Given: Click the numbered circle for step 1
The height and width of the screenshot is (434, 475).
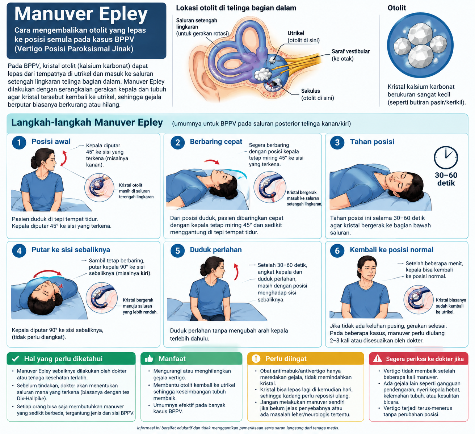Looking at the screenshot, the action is (19, 142).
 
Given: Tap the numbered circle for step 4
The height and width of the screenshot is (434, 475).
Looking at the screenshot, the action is (19, 250).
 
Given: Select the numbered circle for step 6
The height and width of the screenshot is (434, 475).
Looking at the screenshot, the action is (337, 250).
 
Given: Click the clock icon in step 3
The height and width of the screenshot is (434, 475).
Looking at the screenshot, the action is (446, 157).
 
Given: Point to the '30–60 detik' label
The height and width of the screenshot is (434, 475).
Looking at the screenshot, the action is (446, 179).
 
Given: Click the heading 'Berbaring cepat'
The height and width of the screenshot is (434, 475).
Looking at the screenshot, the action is (216, 142).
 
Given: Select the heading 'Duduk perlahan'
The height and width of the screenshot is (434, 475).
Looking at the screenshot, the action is (216, 249).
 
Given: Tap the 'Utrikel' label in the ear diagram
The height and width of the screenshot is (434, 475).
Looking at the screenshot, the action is (296, 33).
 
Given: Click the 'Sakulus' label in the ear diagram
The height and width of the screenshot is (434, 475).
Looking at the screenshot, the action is (310, 91).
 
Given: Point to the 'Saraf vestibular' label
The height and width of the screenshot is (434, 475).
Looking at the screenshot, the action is (350, 51).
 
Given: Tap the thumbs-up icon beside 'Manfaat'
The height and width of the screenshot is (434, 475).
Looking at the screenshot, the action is (149, 359).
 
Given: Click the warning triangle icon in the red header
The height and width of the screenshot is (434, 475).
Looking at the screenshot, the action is (378, 359).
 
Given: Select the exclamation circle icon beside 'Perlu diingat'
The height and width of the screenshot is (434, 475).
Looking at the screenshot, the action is (256, 358).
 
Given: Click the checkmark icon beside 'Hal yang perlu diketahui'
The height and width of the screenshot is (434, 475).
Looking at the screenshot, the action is (16, 359).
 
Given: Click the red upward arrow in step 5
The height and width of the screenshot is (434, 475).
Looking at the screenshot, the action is (236, 272).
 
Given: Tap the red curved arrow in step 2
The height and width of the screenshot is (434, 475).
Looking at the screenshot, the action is (212, 161).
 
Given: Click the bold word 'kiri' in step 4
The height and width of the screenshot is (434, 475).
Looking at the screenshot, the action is (145, 273).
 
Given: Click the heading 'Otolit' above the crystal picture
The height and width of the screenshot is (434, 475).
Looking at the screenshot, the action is (397, 8).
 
